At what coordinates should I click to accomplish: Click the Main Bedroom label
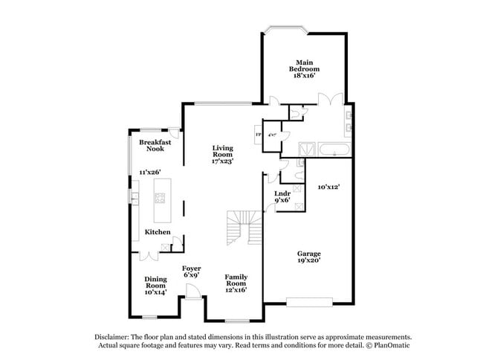[x=303, y=68]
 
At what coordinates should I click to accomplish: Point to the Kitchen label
[x=158, y=233]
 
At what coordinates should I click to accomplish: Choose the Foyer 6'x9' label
[x=192, y=271]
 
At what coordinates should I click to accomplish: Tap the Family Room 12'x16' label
[x=236, y=283]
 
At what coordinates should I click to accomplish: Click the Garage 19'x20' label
[x=309, y=257]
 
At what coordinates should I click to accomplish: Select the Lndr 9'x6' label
[x=282, y=197]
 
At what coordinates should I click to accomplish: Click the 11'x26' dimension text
[x=150, y=172]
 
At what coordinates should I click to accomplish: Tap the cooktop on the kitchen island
[x=160, y=198]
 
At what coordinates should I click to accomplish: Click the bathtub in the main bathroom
[x=334, y=150]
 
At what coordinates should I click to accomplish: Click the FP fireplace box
[x=258, y=136]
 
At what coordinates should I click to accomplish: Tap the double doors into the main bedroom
[x=328, y=99]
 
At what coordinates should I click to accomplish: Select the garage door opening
[x=309, y=301]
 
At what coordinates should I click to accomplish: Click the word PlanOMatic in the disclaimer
[x=392, y=345]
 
